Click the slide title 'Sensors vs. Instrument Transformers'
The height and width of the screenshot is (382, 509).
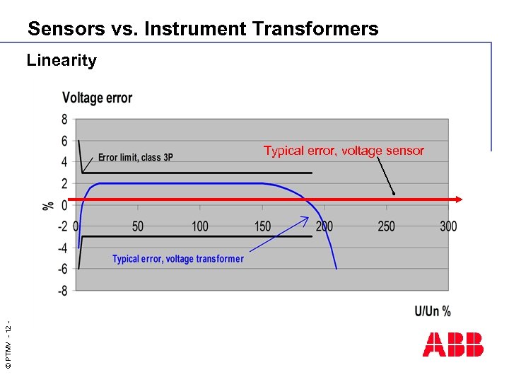203,29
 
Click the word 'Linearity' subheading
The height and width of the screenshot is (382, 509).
62,61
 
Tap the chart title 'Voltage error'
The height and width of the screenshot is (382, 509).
97,98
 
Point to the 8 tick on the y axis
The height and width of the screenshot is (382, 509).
64,120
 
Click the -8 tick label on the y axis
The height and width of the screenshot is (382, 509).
62,291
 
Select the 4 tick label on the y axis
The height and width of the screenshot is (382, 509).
64,163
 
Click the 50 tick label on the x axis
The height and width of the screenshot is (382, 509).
137,226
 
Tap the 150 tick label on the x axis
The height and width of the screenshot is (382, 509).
262,226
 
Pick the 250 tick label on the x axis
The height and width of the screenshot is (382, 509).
386,226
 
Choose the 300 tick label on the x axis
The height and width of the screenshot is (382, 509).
448,226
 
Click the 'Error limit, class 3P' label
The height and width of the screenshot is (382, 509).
135,158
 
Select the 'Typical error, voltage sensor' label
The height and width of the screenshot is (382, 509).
344,151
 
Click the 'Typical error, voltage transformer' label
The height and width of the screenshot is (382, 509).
177,259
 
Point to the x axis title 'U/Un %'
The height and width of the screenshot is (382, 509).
432,311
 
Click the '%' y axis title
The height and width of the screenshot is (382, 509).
48,205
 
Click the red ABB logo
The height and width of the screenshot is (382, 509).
453,345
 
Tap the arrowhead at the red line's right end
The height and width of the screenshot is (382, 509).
458,199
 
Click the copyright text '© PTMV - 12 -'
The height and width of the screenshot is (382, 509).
8,345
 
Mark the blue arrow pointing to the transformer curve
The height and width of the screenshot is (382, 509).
280,235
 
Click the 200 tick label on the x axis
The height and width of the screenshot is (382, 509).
324,226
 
